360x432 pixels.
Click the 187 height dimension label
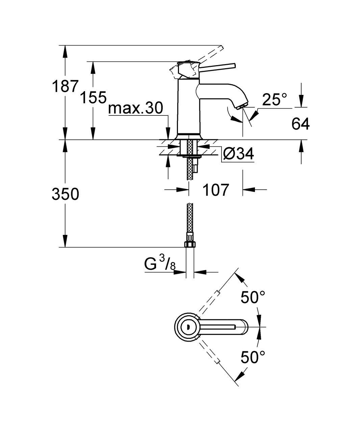pyautogui.click(x=65, y=86)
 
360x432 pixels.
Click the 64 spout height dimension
pyautogui.click(x=300, y=124)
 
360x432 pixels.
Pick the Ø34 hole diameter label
pyautogui.click(x=238, y=154)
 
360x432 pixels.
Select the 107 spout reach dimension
pyautogui.click(x=215, y=190)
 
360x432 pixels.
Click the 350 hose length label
pyautogui.click(x=65, y=194)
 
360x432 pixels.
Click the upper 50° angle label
pyautogui.click(x=253, y=298)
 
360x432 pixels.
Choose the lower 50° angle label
pyautogui.click(x=253, y=357)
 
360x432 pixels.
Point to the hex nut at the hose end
pyautogui.click(x=189, y=244)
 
